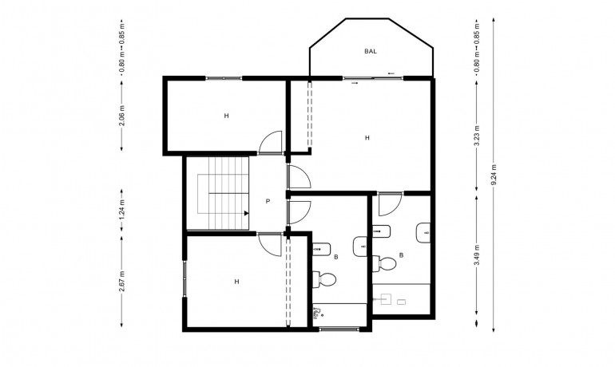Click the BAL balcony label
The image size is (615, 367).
(371, 51)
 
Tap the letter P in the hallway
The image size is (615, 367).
(268, 201)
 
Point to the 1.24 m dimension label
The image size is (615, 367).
(121, 212)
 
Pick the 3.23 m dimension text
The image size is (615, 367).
(477, 132)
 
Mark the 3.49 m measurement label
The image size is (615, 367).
(477, 259)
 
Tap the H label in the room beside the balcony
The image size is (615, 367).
(367, 138)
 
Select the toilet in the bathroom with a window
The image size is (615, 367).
(326, 278)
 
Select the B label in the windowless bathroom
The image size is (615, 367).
(401, 255)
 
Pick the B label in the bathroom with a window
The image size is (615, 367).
(335, 257)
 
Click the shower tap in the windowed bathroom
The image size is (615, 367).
(316, 314)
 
